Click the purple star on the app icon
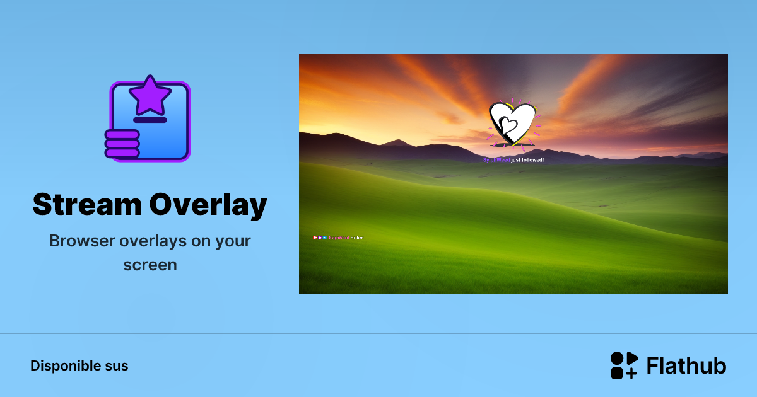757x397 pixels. (150, 95)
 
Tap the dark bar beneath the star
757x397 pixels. (150, 120)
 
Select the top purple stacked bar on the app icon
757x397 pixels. (122, 134)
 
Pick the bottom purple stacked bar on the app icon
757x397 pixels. (122, 152)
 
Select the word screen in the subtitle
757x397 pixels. (150, 265)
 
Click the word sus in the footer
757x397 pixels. (117, 365)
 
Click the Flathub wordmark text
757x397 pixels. (686, 365)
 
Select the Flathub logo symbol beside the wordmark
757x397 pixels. (624, 365)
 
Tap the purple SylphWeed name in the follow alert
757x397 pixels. (496, 160)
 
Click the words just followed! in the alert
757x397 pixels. (527, 160)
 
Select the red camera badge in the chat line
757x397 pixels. (315, 238)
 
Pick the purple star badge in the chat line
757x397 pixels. (320, 238)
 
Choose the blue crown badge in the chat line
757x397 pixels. (325, 238)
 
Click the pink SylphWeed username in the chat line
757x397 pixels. (339, 238)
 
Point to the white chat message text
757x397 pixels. (357, 238)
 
